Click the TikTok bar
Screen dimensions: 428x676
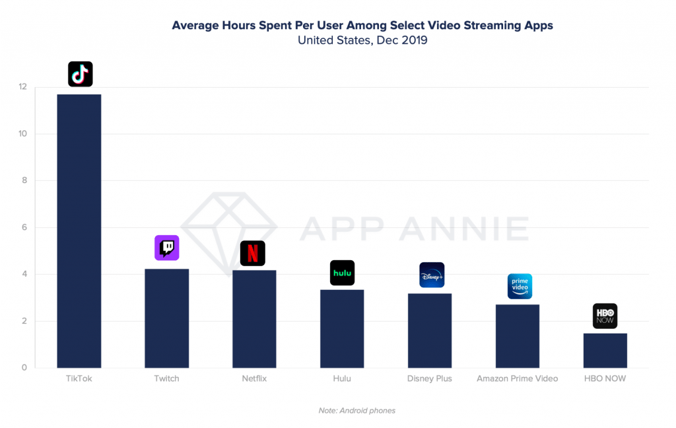[79, 231]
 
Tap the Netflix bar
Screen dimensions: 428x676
[254, 319]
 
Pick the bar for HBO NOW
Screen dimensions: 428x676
[605, 351]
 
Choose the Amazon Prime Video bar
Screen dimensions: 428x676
[517, 336]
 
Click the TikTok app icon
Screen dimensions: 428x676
[81, 74]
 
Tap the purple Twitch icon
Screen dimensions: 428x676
[166, 248]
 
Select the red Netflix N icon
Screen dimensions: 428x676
[252, 253]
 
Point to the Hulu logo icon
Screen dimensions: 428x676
[342, 273]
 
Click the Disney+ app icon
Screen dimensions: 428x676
[432, 275]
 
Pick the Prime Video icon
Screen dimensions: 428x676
[520, 286]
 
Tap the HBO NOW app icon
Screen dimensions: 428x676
[605, 316]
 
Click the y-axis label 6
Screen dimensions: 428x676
[23, 228]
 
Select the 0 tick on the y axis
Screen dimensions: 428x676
[23, 368]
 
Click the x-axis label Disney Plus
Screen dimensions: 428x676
[430, 379]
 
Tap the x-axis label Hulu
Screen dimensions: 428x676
[342, 379]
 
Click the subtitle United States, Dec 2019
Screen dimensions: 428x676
[362, 40]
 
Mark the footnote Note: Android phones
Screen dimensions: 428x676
[357, 411]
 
